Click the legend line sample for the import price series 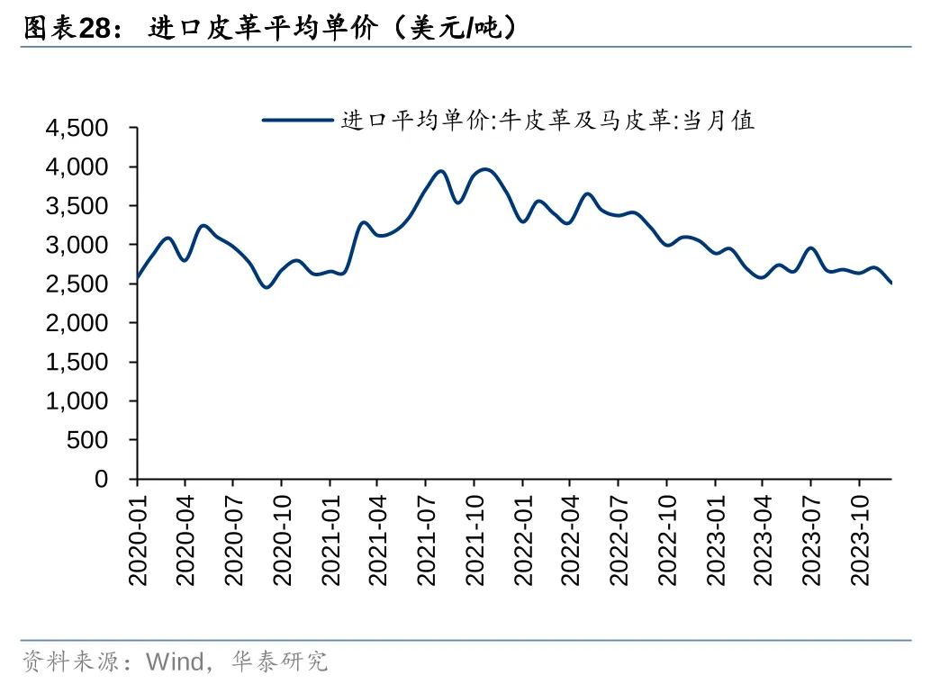tap(298, 119)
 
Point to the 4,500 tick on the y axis tap(76, 129)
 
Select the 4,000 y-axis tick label tap(76, 167)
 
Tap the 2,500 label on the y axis tap(76, 284)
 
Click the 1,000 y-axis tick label tap(76, 401)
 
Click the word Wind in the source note tap(176, 663)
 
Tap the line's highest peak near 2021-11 tap(485, 169)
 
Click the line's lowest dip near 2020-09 tap(266, 287)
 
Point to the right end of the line tap(891, 283)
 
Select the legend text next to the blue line tap(547, 120)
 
